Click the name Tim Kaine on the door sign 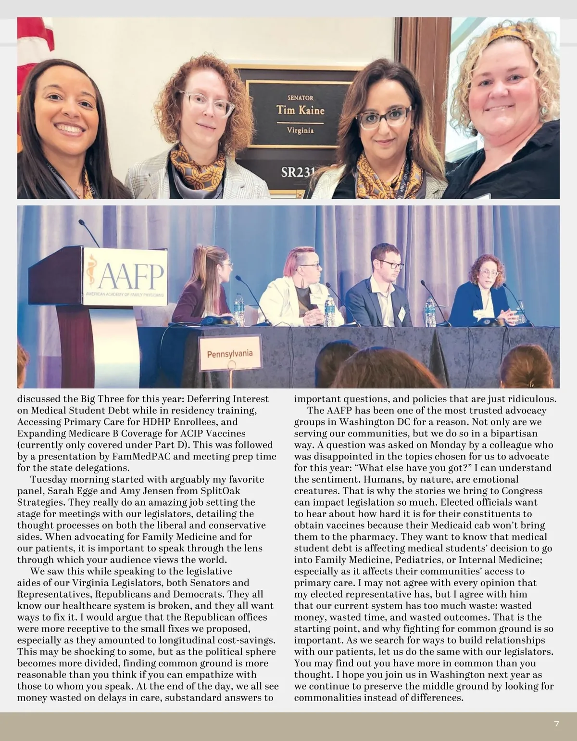pos(300,110)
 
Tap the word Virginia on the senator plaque pos(300,130)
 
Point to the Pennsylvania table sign pos(229,354)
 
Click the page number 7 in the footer pos(556,723)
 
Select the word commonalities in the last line pos(327,698)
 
